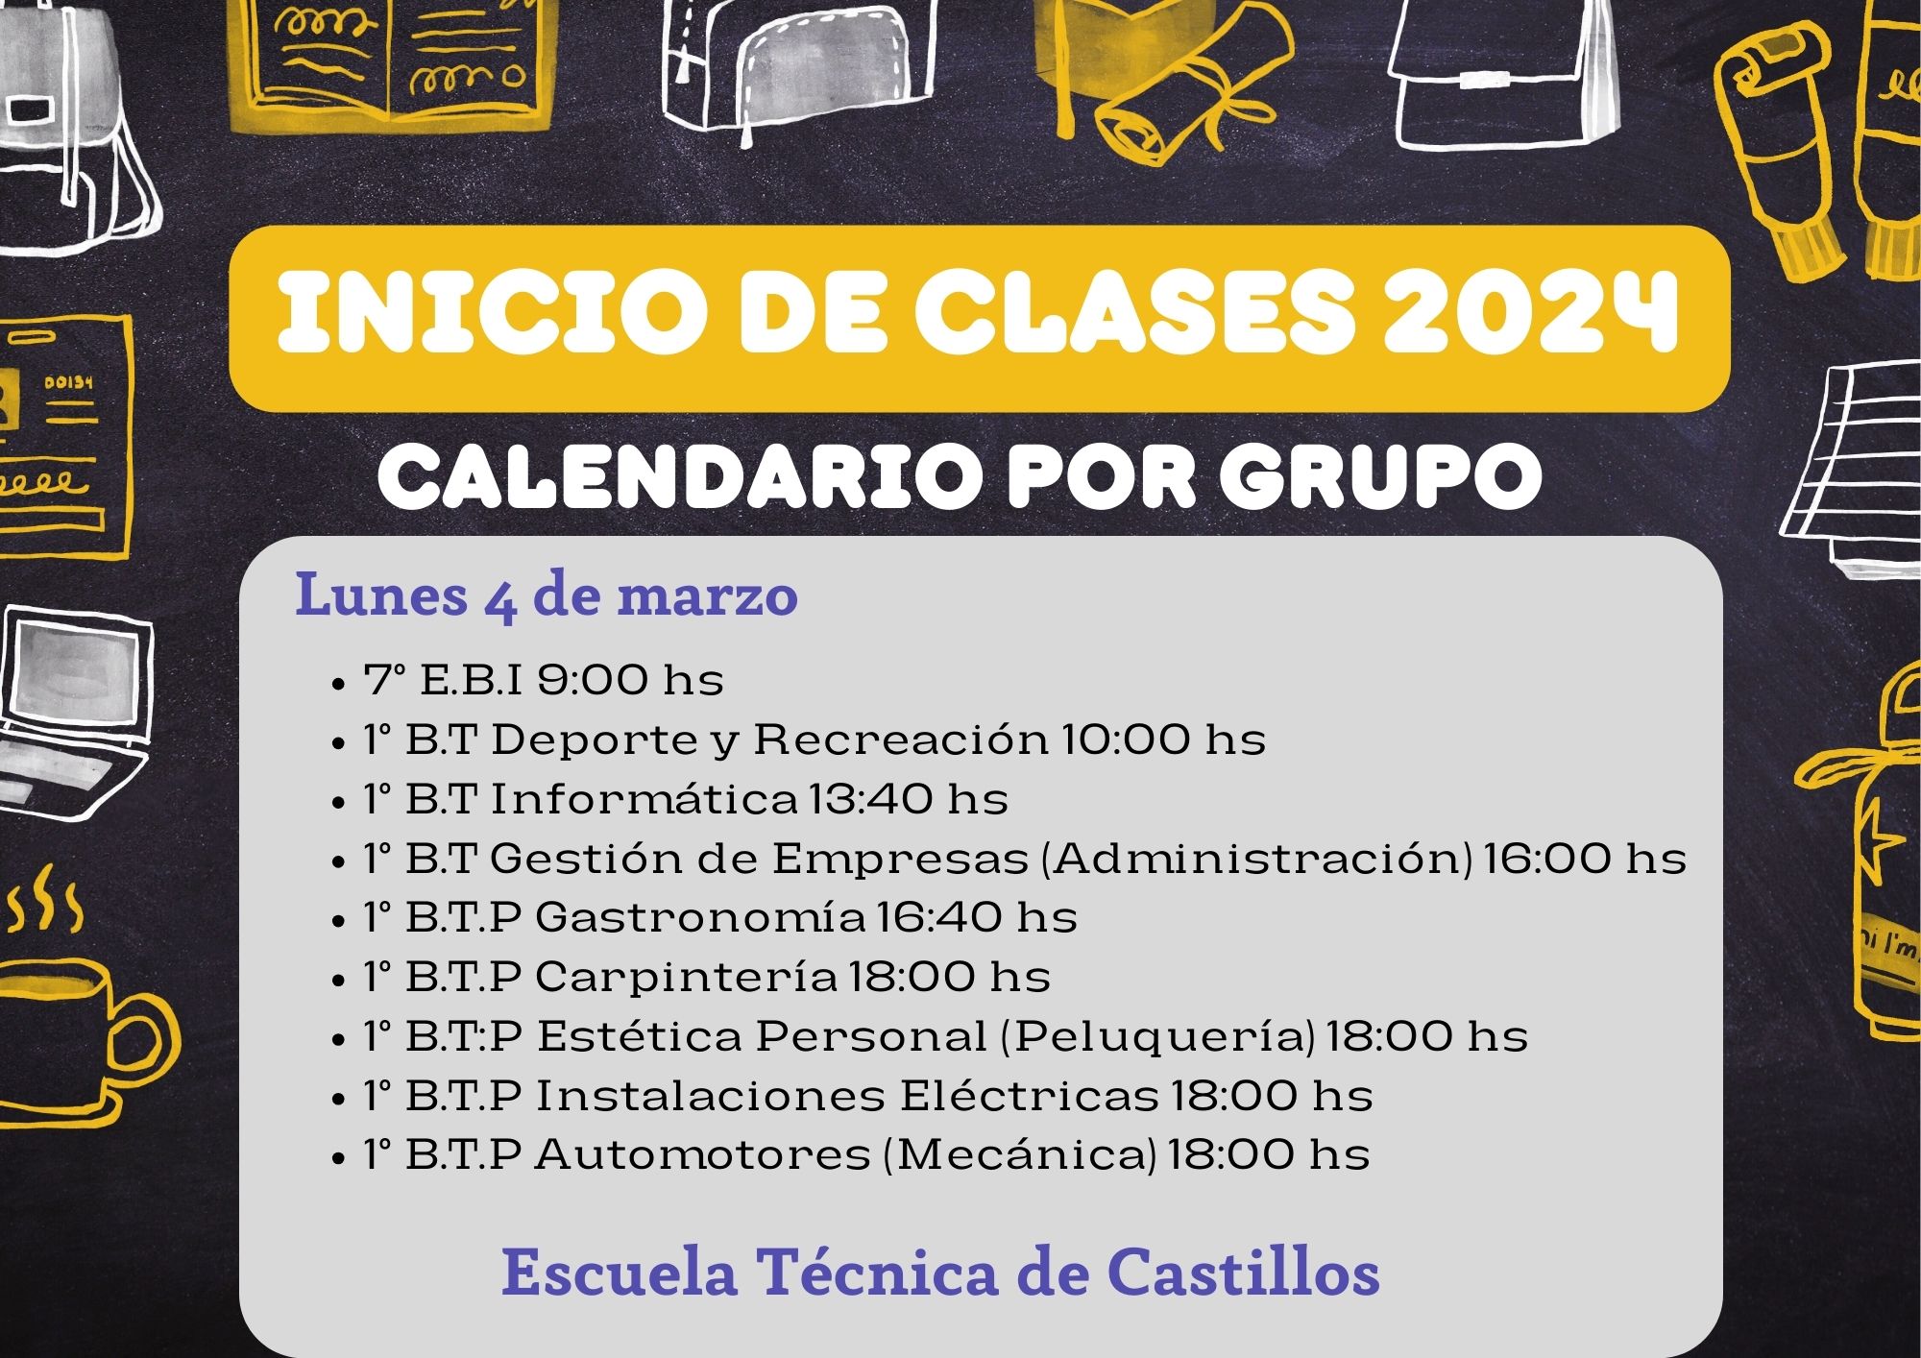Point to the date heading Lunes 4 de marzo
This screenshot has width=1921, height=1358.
click(x=547, y=594)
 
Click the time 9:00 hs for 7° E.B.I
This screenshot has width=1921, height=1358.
click(x=630, y=680)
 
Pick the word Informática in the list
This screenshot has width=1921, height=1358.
click(x=644, y=798)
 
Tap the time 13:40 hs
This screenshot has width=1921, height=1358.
click(x=909, y=798)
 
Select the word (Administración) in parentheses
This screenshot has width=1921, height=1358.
click(x=1257, y=859)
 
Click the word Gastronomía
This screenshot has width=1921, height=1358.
click(x=700, y=917)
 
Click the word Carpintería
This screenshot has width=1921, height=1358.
click(x=686, y=977)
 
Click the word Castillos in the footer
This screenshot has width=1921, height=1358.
click(x=1243, y=1273)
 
